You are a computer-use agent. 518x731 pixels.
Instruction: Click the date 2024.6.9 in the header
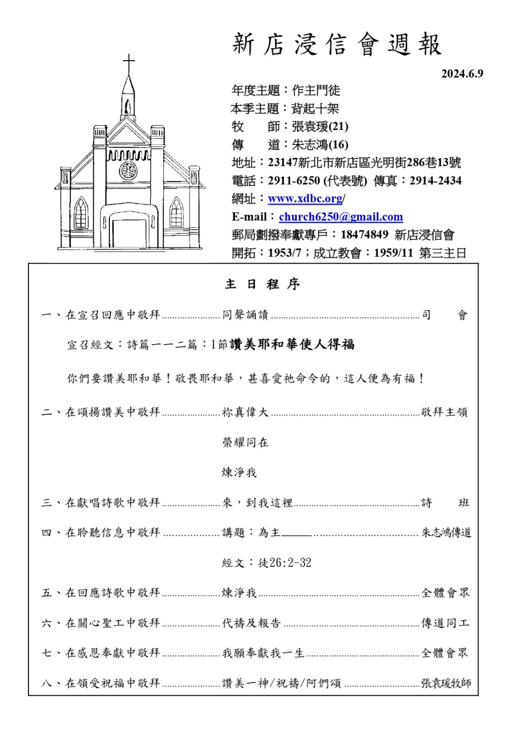[x=462, y=74]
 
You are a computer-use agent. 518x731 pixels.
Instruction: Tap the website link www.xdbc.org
[x=305, y=199]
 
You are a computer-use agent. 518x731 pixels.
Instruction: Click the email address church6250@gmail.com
[x=341, y=217]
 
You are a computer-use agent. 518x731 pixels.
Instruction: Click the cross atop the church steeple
[x=128, y=63]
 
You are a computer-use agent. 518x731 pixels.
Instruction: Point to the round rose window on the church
[x=128, y=170]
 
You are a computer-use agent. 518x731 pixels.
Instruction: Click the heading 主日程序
[x=262, y=284]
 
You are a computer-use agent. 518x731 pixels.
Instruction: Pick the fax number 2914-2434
[x=435, y=181]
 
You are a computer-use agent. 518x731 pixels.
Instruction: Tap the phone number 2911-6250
[x=294, y=181]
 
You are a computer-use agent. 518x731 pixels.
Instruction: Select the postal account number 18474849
[x=364, y=235]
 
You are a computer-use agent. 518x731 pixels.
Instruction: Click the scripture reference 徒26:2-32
[x=284, y=563]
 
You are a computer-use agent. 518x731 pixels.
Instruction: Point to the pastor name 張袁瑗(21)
[x=320, y=126]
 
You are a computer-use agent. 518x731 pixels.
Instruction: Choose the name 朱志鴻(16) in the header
[x=320, y=144]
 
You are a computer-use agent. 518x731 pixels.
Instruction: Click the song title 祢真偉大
[x=245, y=412]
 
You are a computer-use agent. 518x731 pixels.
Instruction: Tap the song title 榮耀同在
[x=245, y=442]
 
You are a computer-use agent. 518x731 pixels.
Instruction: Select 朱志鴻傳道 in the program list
[x=446, y=533]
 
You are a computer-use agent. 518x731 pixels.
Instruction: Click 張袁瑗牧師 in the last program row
[x=446, y=683]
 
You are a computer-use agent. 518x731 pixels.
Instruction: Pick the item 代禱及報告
[x=251, y=623]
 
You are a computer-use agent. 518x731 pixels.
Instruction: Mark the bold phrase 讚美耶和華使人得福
[x=292, y=344]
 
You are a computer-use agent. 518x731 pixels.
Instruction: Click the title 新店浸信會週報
[x=337, y=45]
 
